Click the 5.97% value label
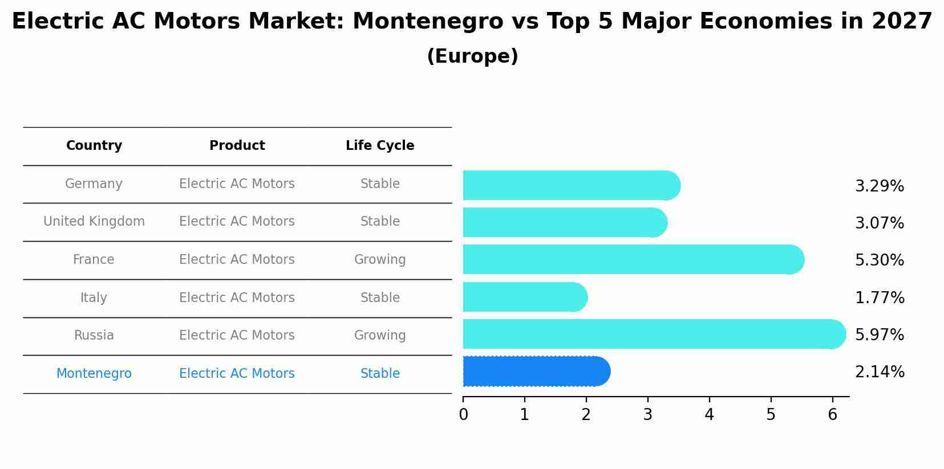pyautogui.click(x=879, y=335)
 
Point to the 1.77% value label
pyautogui.click(x=879, y=298)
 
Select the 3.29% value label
pyautogui.click(x=879, y=186)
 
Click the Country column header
pyautogui.click(x=94, y=146)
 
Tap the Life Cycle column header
pyautogui.click(x=380, y=146)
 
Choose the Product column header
pyautogui.click(x=237, y=146)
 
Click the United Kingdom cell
pyautogui.click(x=94, y=222)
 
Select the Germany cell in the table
pyautogui.click(x=94, y=184)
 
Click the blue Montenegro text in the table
pyautogui.click(x=94, y=374)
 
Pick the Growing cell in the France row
pyautogui.click(x=380, y=260)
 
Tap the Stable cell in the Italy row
pyautogui.click(x=380, y=298)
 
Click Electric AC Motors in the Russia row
pyautogui.click(x=237, y=336)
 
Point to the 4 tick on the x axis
pyautogui.click(x=709, y=415)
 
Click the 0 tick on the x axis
pyautogui.click(x=463, y=415)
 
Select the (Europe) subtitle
pyautogui.click(x=472, y=56)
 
